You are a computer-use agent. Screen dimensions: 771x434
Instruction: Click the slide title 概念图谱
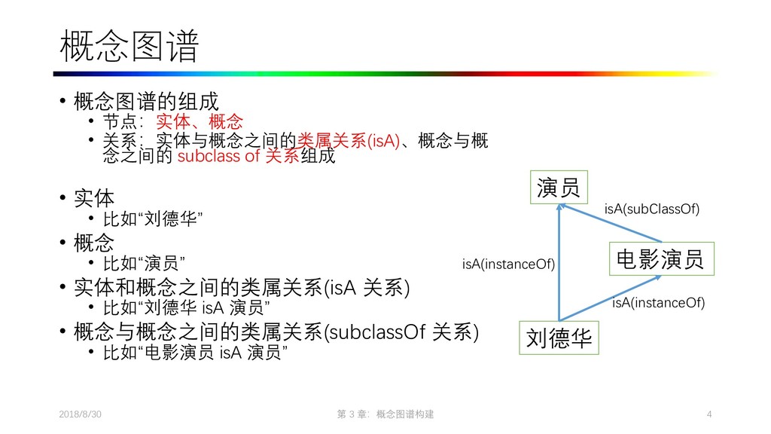coord(129,47)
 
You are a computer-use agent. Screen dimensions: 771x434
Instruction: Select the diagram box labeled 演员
coord(559,188)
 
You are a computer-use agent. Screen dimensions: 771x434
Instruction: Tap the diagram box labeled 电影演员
coord(660,260)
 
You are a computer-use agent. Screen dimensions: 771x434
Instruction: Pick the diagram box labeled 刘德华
coord(559,338)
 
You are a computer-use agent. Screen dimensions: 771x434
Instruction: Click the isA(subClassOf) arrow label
coord(652,209)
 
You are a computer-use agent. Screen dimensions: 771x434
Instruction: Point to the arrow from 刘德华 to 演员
coord(559,264)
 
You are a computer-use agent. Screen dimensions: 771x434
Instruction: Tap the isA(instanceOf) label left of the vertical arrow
coord(508,264)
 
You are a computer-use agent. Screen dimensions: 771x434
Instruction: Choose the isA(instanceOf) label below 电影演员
coord(658,303)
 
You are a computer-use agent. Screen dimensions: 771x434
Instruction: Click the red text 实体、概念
coord(200,121)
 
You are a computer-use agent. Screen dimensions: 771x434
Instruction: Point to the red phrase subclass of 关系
coord(238,157)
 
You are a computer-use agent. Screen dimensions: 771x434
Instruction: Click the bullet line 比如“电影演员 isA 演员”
coord(194,353)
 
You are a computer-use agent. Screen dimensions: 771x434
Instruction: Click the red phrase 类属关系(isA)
coord(349,141)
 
